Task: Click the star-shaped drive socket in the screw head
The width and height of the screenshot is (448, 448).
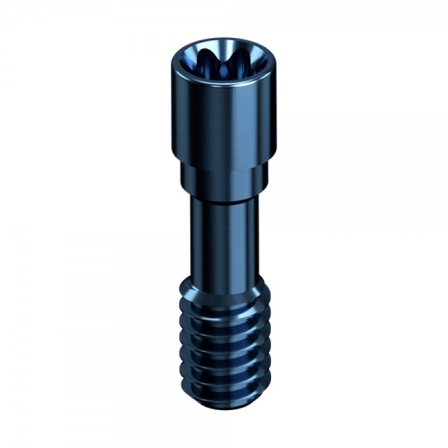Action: pos(223,60)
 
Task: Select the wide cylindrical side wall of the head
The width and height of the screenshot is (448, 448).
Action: pos(223,119)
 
